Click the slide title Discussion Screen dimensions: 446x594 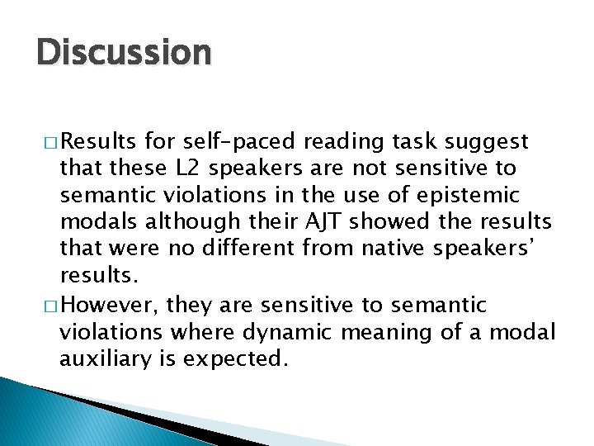[124, 53]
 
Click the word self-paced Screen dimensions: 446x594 [228, 141]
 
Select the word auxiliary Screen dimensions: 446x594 [103, 360]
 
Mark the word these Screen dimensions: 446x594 [130, 168]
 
